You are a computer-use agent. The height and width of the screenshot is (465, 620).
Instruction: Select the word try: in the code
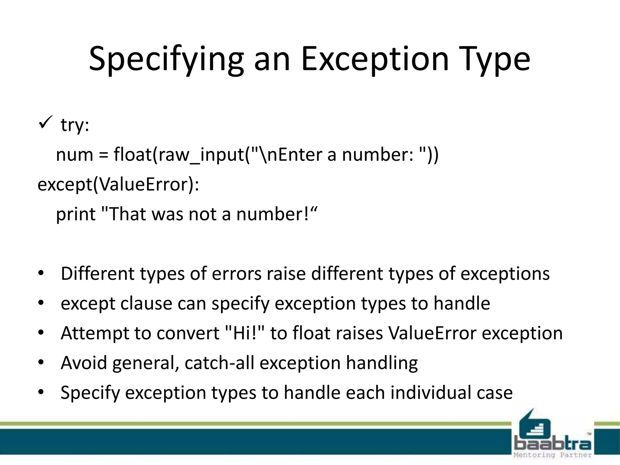[x=75, y=124]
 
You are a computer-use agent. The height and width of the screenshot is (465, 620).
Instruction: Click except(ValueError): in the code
[x=118, y=184]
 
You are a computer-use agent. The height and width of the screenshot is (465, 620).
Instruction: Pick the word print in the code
[x=76, y=215]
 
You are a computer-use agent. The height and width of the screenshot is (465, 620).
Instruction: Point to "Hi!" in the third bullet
[x=245, y=333]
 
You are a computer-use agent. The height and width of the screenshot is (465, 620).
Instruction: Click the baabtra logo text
[x=552, y=444]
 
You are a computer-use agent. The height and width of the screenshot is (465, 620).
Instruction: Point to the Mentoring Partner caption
[x=552, y=455]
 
